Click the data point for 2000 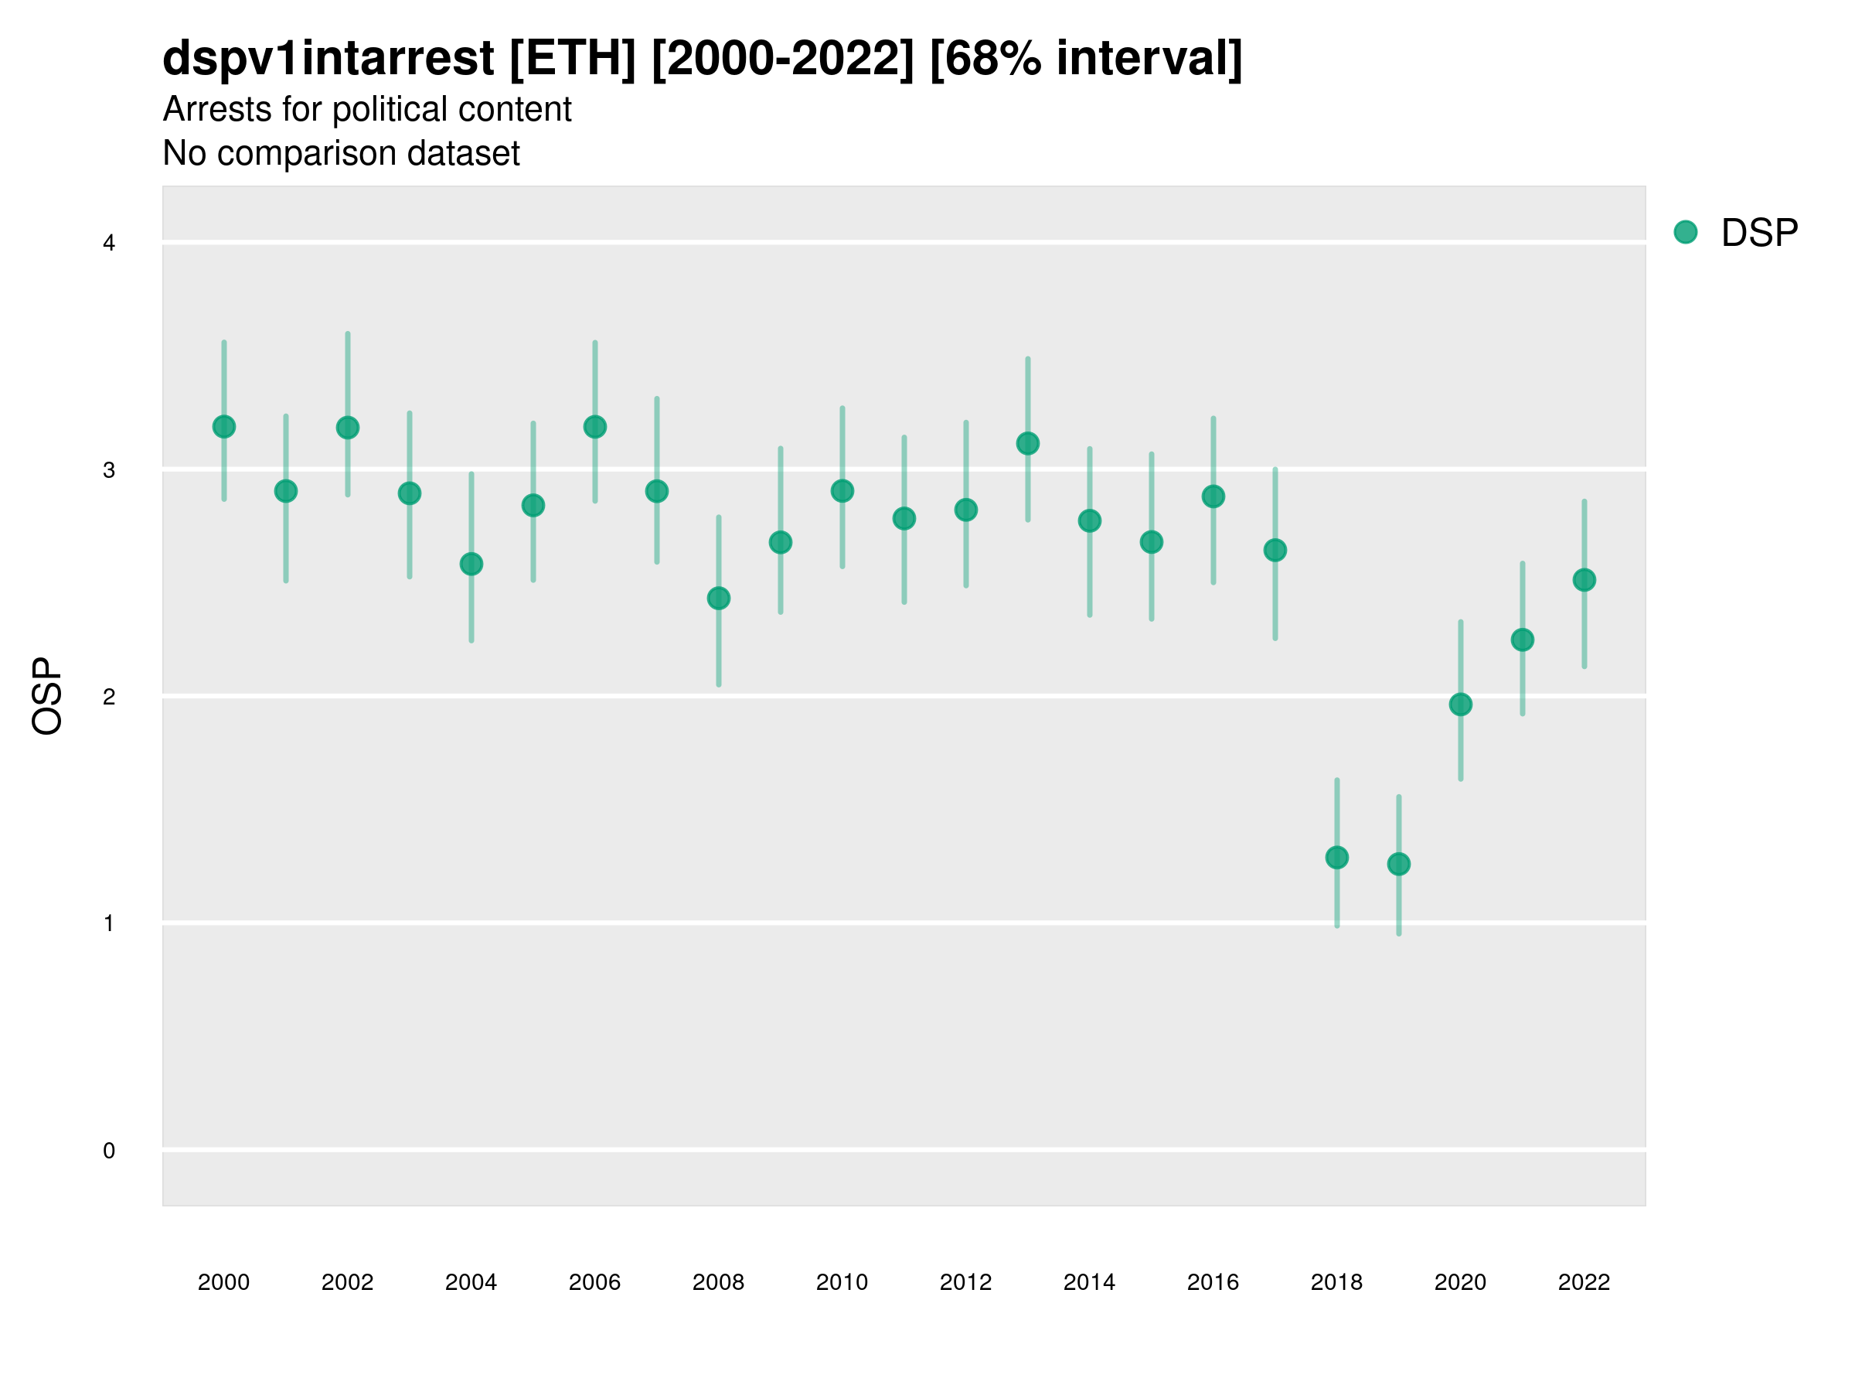(224, 427)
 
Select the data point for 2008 (719, 599)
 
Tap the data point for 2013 (1028, 444)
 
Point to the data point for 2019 (1399, 865)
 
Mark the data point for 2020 (1461, 705)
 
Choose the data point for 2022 (1584, 580)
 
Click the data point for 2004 (471, 564)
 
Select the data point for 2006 (595, 427)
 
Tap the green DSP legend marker (1686, 233)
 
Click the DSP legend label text (1759, 234)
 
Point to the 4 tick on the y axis (109, 244)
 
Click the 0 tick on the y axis (109, 1151)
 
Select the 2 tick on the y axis (109, 698)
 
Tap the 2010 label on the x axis (842, 1282)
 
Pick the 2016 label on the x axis (1213, 1282)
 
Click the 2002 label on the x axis (347, 1282)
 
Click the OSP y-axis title (47, 697)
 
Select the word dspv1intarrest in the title (328, 59)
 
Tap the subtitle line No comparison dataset (342, 154)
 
